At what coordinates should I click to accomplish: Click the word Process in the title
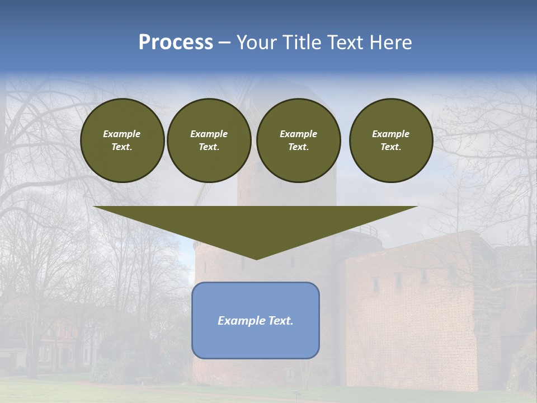(176, 43)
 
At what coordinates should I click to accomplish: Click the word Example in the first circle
(122, 134)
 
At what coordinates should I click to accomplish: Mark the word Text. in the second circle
(209, 147)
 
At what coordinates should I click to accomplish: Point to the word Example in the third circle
(299, 134)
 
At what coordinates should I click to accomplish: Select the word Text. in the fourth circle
(391, 147)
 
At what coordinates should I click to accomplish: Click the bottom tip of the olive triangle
(256, 258)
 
